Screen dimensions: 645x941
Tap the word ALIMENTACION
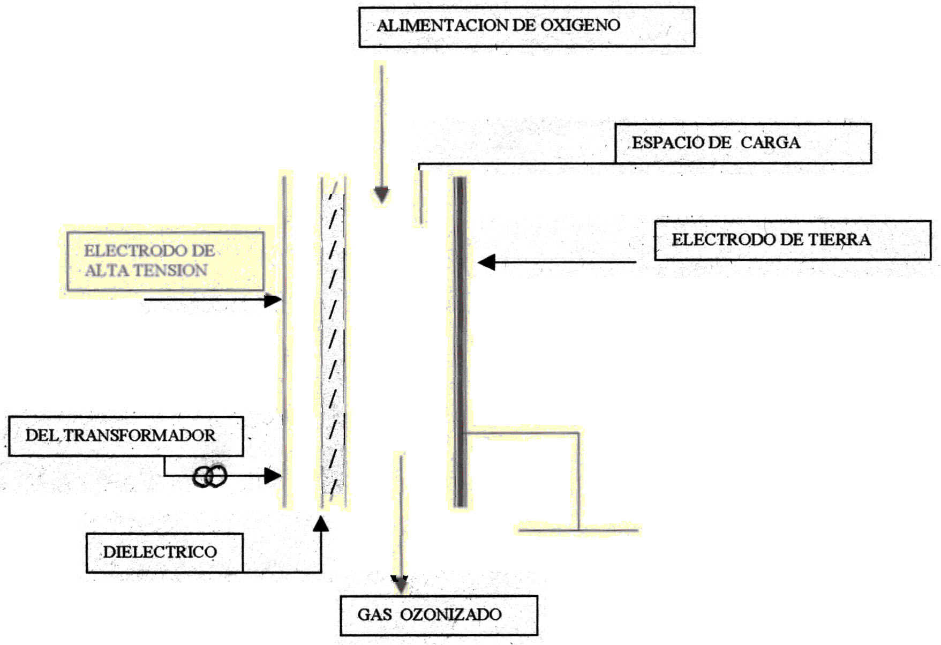pos(442,25)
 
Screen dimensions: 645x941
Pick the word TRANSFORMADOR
pos(140,435)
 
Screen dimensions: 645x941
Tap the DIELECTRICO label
pos(160,552)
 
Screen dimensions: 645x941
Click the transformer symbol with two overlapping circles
pos(209,476)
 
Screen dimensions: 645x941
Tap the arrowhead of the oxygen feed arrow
pos(381,195)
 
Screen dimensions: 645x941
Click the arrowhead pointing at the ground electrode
pos(486,262)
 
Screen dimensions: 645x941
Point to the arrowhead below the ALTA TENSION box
pos(273,300)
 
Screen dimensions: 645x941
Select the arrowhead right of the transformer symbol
pos(273,475)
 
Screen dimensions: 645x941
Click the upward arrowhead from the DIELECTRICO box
pos(321,523)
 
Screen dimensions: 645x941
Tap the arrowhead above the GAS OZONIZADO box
pos(400,584)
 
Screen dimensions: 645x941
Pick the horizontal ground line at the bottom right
pos(578,530)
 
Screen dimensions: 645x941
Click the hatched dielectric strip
pos(333,343)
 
